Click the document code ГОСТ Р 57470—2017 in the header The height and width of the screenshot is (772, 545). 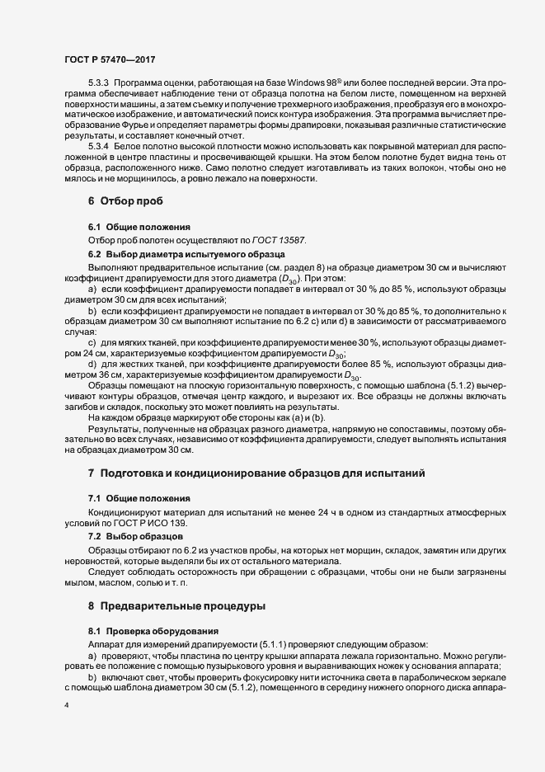click(x=109, y=60)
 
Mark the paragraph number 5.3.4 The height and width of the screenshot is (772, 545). click(x=99, y=145)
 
